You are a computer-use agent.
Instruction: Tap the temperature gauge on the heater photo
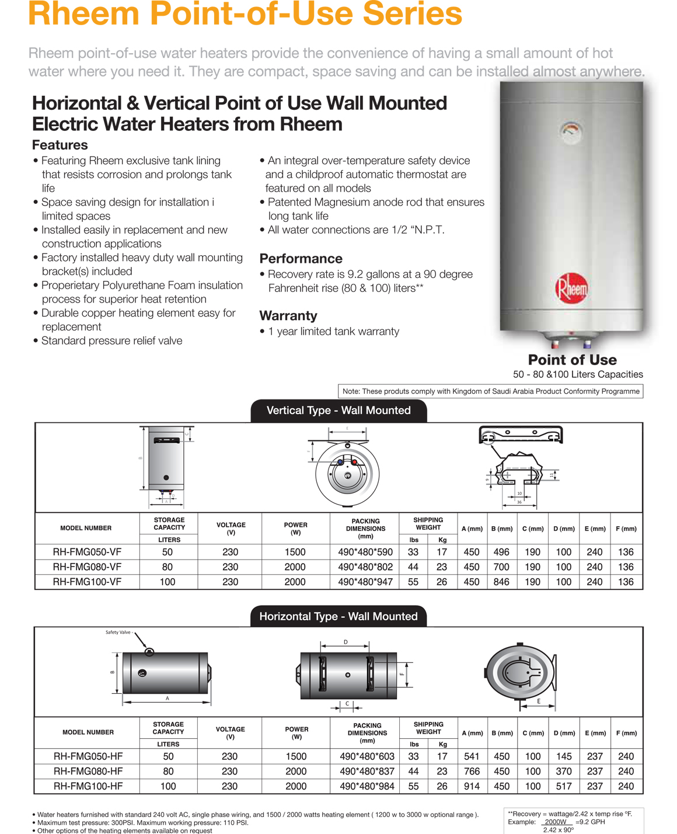click(571, 131)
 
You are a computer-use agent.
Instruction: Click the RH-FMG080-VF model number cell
click(87, 567)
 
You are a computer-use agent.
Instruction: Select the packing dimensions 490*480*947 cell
click(365, 582)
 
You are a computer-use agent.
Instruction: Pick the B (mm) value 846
click(501, 582)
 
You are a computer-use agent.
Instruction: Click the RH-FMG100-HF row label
click(88, 786)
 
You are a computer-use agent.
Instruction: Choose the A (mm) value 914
click(472, 786)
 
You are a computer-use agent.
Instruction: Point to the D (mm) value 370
click(564, 772)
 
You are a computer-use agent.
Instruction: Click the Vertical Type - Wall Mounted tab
click(338, 411)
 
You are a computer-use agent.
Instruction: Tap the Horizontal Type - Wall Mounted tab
click(338, 616)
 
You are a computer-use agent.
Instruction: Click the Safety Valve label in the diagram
click(119, 633)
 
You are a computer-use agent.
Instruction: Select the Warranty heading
click(288, 316)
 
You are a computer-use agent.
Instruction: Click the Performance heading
click(301, 259)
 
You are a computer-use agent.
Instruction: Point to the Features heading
click(60, 145)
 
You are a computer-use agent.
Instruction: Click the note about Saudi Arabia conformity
click(490, 391)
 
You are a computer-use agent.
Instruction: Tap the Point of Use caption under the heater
click(572, 360)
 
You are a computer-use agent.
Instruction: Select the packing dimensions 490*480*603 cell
click(367, 756)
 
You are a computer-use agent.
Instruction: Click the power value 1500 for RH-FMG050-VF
click(295, 552)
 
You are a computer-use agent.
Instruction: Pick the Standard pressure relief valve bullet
click(111, 341)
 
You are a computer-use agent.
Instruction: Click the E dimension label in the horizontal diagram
click(539, 701)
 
